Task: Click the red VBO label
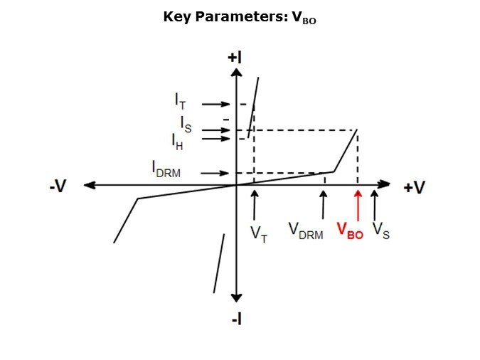350,231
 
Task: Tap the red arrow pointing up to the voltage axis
358,206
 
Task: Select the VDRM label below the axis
306,231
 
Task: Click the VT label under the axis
259,235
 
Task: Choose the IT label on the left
180,101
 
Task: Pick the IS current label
186,125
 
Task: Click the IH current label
177,142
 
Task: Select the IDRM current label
166,169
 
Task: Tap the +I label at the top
235,58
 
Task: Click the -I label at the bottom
237,320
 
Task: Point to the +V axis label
415,187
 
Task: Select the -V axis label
58,186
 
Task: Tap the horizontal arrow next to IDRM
215,174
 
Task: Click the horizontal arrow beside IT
215,104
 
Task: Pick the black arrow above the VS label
374,205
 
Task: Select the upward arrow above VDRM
323,205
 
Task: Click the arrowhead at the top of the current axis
236,73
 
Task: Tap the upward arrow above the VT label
254,205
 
